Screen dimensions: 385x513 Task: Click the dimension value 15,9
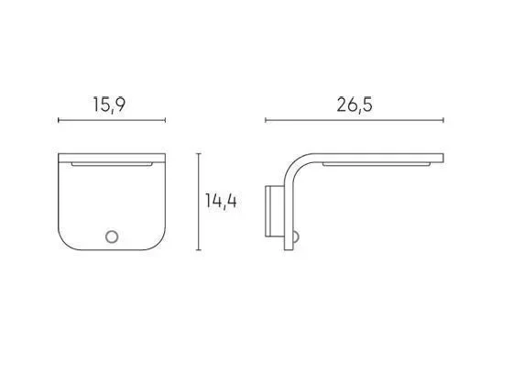(x=108, y=105)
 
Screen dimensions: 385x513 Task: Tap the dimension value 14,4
(x=221, y=202)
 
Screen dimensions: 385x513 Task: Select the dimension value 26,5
(x=354, y=104)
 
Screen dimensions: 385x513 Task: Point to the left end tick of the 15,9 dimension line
(x=59, y=120)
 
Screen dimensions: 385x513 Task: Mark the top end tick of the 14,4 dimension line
(x=201, y=154)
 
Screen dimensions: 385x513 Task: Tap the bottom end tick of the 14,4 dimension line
(x=201, y=248)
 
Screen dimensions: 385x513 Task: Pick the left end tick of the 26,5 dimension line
(x=266, y=120)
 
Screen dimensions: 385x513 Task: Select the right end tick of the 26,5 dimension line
(x=444, y=120)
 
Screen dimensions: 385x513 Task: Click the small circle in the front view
(x=111, y=237)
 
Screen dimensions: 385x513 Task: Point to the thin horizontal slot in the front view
(x=112, y=165)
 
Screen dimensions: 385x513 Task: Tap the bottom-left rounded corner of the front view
(x=66, y=240)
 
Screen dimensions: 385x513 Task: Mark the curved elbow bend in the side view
(x=300, y=165)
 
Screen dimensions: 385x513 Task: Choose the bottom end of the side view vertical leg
(x=293, y=246)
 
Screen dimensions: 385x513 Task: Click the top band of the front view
(x=111, y=156)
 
